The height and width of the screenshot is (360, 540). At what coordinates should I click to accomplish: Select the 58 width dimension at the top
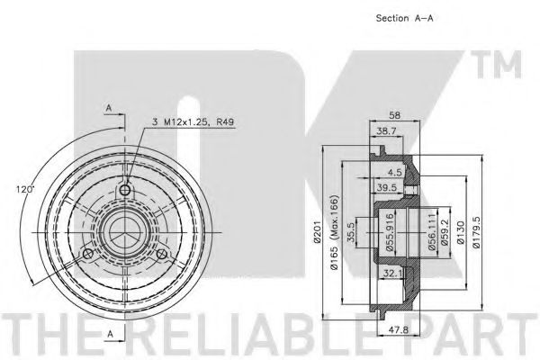pos(394,115)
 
